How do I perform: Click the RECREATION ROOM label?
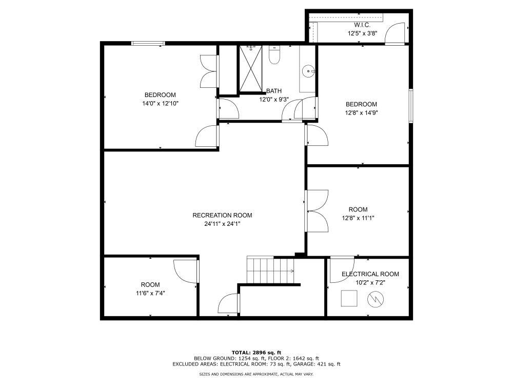pos(222,215)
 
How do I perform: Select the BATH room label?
pos(274,91)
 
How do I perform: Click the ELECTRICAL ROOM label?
pos(370,274)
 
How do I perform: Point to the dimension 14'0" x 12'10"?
pos(160,103)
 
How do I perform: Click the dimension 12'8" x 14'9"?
pos(364,112)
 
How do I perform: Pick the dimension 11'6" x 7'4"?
pos(150,293)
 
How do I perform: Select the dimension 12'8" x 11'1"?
pos(358,218)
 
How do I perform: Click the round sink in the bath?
pos(308,71)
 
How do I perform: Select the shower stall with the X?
pos(251,69)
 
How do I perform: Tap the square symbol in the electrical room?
pos(349,298)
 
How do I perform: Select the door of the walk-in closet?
pos(395,34)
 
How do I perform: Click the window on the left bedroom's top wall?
pos(148,44)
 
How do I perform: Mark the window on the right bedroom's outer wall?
pos(410,106)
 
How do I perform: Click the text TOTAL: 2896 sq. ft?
pos(256,352)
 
